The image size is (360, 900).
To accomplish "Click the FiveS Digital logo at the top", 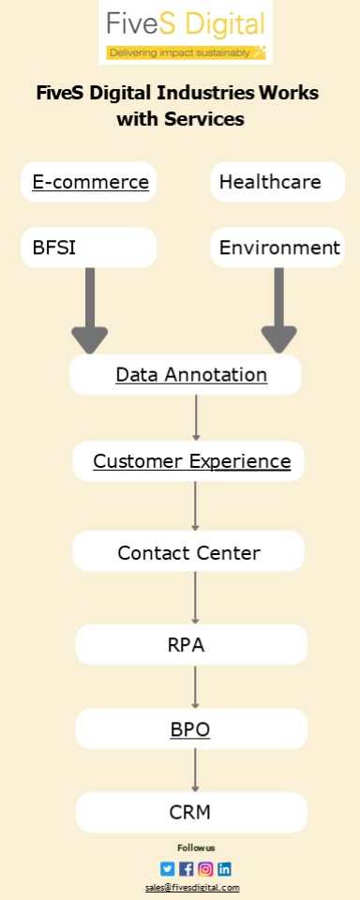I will (x=185, y=22).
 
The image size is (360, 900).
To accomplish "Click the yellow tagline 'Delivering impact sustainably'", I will (x=185, y=52).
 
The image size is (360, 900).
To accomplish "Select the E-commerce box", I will (x=90, y=182).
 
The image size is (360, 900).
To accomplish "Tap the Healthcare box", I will (x=277, y=182).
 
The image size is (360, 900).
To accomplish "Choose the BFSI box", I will (x=88, y=247).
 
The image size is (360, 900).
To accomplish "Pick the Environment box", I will (x=277, y=247).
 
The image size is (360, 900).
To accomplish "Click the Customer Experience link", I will (x=191, y=461).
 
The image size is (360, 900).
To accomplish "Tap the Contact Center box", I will (x=188, y=552).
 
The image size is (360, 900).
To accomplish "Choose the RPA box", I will (x=191, y=645).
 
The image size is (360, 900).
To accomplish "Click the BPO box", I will (x=191, y=728).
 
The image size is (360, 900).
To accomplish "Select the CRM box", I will (x=191, y=812).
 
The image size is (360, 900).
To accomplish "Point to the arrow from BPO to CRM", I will (x=195, y=771).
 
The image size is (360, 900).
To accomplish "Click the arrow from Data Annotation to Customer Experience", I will (x=196, y=417).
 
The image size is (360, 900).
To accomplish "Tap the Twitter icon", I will (x=167, y=868).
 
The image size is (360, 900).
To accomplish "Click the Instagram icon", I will (x=205, y=868).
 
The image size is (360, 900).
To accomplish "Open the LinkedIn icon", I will (x=224, y=868).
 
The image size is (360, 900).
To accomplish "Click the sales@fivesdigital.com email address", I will (x=192, y=887).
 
